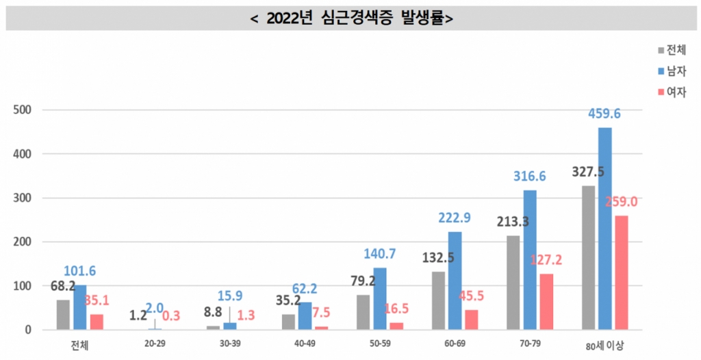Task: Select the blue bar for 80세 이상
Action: click(604, 229)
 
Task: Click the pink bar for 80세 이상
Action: click(621, 272)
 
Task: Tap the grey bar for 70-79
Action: click(513, 283)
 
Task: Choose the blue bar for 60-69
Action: click(455, 281)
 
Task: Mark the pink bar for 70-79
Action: click(546, 302)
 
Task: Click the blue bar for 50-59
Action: click(380, 298)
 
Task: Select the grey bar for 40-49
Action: click(288, 322)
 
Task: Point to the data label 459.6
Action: click(605, 114)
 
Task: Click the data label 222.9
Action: click(455, 218)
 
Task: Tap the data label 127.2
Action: click(546, 260)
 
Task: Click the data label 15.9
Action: click(230, 296)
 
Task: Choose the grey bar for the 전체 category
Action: click(63, 314)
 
